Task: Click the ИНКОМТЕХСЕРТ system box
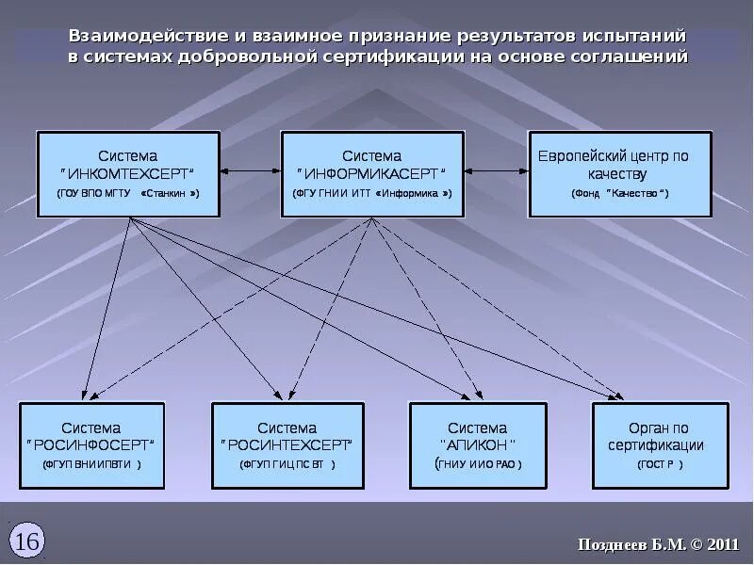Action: (x=128, y=174)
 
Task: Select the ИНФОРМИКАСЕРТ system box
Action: (x=372, y=174)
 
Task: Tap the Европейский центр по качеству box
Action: (x=619, y=174)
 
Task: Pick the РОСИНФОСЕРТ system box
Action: (x=92, y=445)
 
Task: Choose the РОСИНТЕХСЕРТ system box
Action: (x=287, y=445)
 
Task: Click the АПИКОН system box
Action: (x=478, y=445)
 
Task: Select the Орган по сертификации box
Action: (x=660, y=445)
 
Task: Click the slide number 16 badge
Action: (x=27, y=541)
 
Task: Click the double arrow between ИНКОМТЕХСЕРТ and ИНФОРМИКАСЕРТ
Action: (x=251, y=171)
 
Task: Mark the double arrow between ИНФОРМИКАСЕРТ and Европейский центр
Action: (x=496, y=171)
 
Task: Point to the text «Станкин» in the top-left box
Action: (x=170, y=193)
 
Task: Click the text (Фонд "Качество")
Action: (x=619, y=193)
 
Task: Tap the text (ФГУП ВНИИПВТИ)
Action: (x=92, y=464)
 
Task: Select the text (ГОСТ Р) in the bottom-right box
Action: (x=660, y=464)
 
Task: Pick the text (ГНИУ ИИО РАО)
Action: (x=478, y=464)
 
